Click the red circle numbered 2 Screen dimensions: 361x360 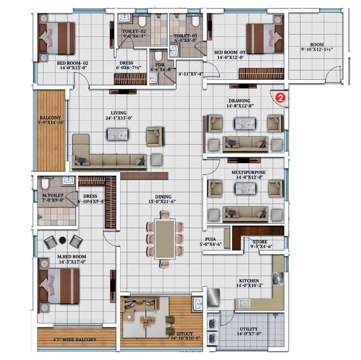pos(280,98)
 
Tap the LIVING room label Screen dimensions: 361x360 pos(119,113)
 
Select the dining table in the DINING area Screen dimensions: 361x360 pos(165,239)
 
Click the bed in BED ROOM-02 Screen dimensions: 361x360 pos(57,38)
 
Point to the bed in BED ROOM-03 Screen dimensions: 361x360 pos(265,38)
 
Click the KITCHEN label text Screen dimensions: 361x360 pos(249,281)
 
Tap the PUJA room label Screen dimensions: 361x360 pos(210,239)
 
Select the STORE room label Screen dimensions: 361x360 pos(260,241)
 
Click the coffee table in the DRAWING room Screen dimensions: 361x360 pos(245,123)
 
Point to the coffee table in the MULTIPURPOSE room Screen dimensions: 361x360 pos(245,189)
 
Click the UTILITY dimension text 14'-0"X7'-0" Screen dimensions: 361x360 pos(249,334)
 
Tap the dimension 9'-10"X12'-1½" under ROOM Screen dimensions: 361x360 pos(317,49)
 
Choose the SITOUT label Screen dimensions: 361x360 pos(184,334)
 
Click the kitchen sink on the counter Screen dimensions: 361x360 pos(244,303)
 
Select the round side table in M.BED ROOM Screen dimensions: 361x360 pos(63,241)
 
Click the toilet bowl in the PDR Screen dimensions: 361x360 pos(158,56)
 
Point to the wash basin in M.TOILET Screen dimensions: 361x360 pos(68,181)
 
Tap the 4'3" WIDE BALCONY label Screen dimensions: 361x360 pos(75,339)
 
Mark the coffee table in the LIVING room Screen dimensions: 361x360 pos(118,134)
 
